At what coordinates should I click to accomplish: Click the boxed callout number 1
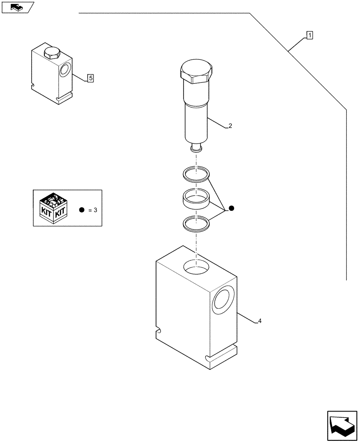tap(309, 35)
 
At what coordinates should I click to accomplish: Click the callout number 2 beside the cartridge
tap(230, 126)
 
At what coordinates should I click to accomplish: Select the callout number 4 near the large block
tap(259, 321)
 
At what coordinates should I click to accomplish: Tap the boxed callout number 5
tap(90, 78)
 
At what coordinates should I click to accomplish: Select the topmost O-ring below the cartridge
tap(196, 174)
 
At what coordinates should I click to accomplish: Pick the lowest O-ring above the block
tap(196, 222)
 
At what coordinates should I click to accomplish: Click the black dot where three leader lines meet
tap(231, 208)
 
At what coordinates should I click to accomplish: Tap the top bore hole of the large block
tap(196, 267)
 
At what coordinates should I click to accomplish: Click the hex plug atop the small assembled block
tap(51, 53)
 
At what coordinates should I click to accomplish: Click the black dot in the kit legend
tap(82, 210)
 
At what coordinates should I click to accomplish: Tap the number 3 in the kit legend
tap(95, 210)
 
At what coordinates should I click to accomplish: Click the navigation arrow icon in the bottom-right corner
tap(342, 425)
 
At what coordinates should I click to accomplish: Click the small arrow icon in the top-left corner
tap(17, 7)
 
